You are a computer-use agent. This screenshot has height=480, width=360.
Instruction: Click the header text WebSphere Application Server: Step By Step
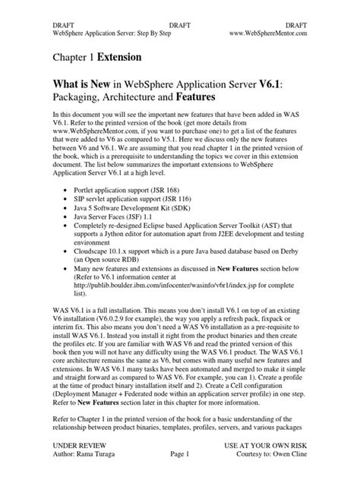tap(109, 33)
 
